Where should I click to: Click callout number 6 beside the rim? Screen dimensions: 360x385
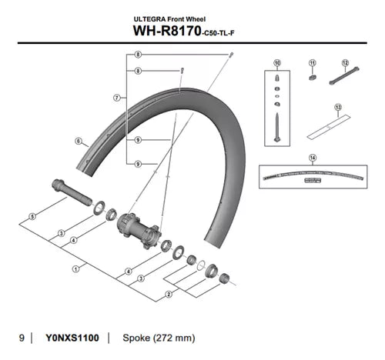79,142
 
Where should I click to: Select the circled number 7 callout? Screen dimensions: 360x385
115,98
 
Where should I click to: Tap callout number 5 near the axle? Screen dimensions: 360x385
32,218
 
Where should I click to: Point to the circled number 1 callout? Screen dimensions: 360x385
75,268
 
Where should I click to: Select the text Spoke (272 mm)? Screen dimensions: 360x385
163,338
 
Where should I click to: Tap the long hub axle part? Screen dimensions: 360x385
68,188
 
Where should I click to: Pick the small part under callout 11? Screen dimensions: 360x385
313,78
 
